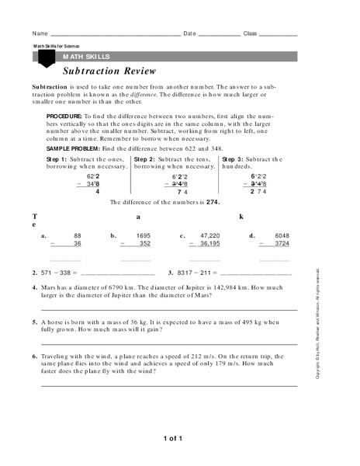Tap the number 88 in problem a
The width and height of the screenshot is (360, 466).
78,234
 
